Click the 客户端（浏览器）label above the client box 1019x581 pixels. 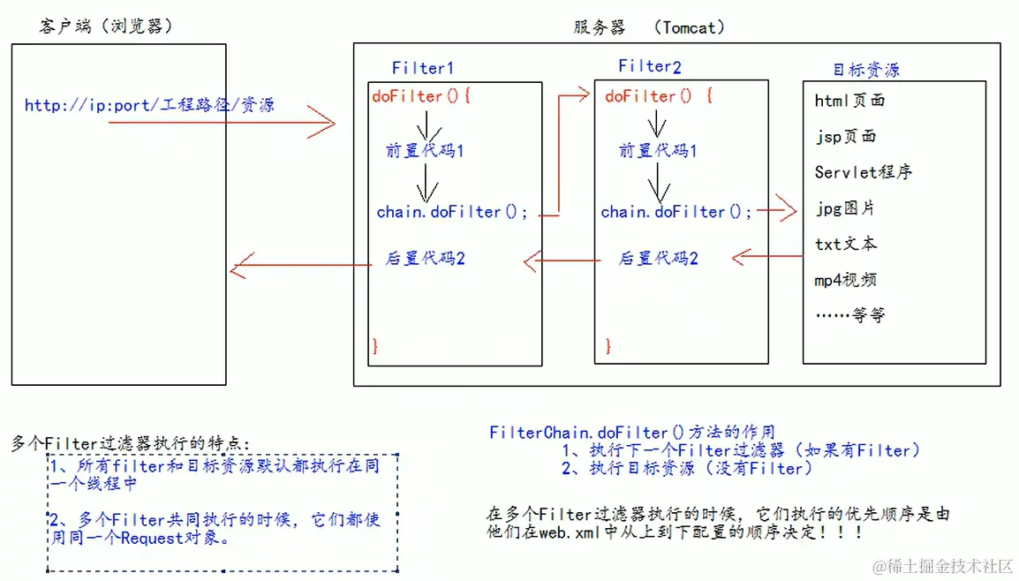tap(105, 26)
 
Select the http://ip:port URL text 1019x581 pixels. tap(149, 105)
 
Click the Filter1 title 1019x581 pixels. tap(423, 67)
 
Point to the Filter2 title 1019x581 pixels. tap(650, 66)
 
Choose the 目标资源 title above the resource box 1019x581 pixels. tap(866, 70)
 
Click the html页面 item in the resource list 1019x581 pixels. tap(849, 101)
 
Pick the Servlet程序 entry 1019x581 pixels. tap(863, 172)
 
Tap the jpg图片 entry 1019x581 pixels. tap(845, 208)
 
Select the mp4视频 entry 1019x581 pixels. tap(845, 280)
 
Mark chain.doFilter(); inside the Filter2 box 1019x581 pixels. tap(676, 212)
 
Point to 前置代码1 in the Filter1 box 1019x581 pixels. tap(425, 151)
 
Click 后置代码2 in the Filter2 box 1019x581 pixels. tap(658, 259)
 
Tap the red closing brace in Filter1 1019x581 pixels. tap(375, 345)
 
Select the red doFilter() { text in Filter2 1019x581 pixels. tap(658, 96)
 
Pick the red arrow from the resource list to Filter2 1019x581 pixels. tap(766, 257)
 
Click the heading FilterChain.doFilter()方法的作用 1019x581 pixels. tap(632, 433)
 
